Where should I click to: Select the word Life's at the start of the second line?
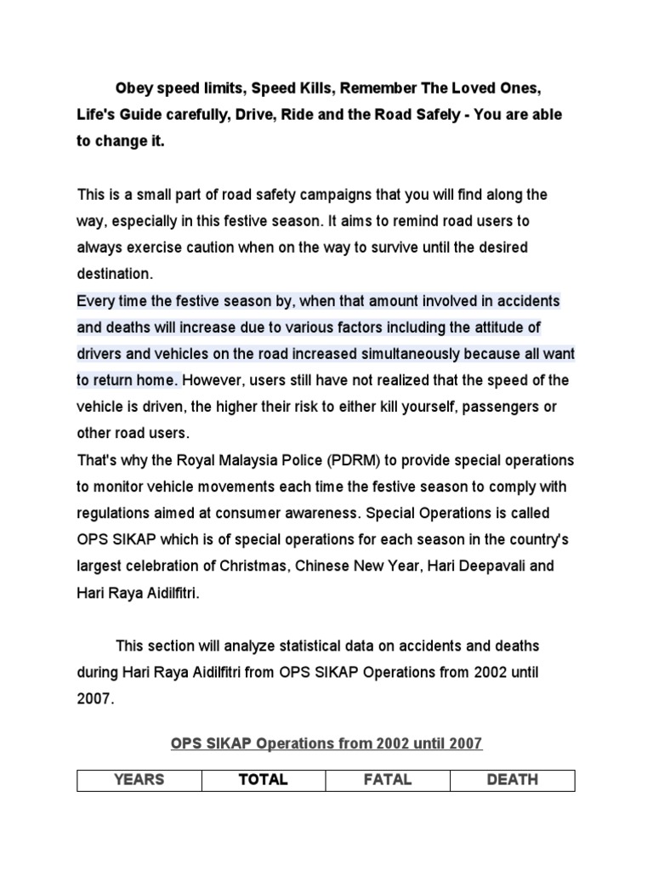pyautogui.click(x=97, y=115)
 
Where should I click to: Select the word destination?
pyautogui.click(x=115, y=275)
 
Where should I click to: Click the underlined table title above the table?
pyautogui.click(x=326, y=743)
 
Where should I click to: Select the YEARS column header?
pyautogui.click(x=139, y=779)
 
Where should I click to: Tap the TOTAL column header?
pyautogui.click(x=264, y=779)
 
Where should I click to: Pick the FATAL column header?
pyautogui.click(x=388, y=779)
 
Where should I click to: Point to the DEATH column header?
pyautogui.click(x=512, y=779)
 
